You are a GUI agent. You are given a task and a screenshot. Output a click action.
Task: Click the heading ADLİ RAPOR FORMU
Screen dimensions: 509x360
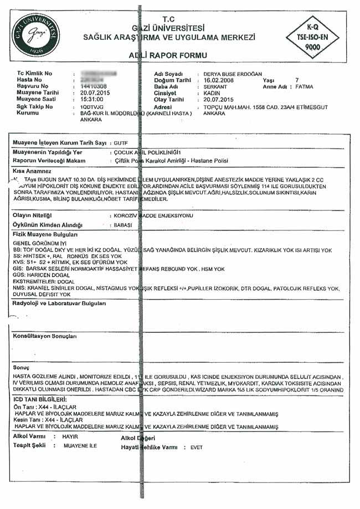pyautogui.click(x=168, y=56)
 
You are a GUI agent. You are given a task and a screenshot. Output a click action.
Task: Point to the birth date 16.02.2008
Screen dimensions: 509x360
pyautogui.click(x=219, y=80)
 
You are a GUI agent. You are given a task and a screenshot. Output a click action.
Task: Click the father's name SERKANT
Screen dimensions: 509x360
pyautogui.click(x=215, y=87)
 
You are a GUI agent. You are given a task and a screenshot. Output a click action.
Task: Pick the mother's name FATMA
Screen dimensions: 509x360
pyautogui.click(x=304, y=87)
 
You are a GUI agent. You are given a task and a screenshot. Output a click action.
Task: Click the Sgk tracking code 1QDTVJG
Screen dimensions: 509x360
pyautogui.click(x=92, y=106)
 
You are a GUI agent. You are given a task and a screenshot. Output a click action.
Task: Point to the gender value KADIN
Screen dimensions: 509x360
pyautogui.click(x=212, y=94)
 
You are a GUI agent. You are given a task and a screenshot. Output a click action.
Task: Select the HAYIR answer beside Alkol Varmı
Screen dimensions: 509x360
pyautogui.click(x=70, y=437)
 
